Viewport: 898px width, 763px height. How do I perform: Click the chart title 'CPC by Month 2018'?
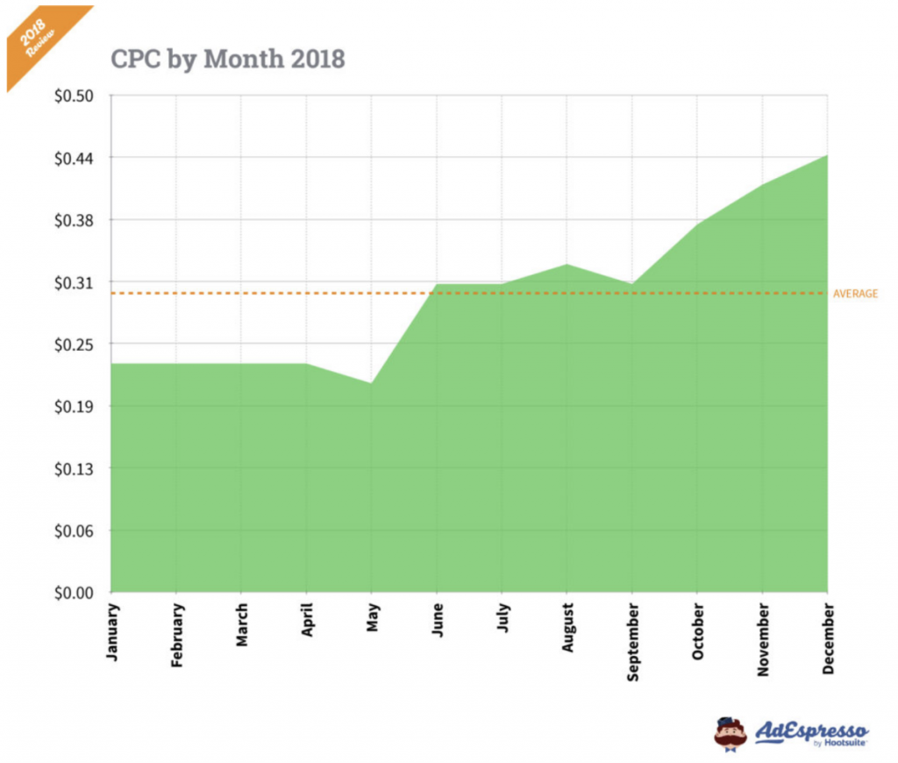pyautogui.click(x=228, y=59)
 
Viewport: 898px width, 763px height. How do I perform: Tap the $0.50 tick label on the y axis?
pyautogui.click(x=76, y=96)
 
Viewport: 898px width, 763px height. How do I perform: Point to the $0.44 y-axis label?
pyautogui.click(x=76, y=158)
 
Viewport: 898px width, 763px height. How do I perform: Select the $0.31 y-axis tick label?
pyautogui.click(x=76, y=282)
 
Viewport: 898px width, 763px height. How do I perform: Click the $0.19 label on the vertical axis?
pyautogui.click(x=76, y=406)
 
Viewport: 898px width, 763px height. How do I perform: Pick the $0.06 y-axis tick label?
pyautogui.click(x=76, y=531)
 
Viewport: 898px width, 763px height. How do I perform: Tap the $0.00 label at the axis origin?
pyautogui.click(x=76, y=593)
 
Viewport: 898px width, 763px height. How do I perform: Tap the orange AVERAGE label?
pyautogui.click(x=855, y=294)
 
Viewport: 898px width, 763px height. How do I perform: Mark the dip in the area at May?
pyautogui.click(x=372, y=383)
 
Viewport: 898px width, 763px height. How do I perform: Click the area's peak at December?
pyautogui.click(x=827, y=155)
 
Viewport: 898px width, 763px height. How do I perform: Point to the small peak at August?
pyautogui.click(x=567, y=264)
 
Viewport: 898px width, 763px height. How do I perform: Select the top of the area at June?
pyautogui.click(x=437, y=285)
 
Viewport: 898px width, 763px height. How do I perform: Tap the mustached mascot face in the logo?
pyautogui.click(x=730, y=733)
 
